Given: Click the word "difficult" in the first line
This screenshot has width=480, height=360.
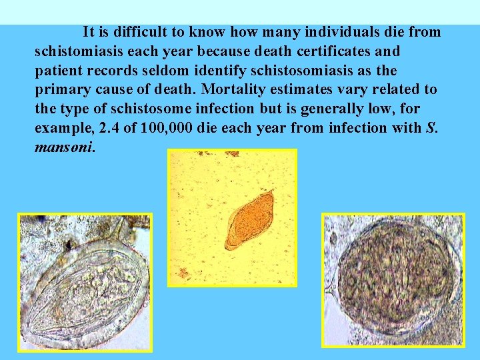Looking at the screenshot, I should point(155,32).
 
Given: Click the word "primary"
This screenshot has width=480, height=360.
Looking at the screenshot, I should point(60,90).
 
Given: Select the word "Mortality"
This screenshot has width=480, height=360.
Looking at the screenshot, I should point(235,89).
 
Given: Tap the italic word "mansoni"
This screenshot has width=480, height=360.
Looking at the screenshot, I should point(65,147).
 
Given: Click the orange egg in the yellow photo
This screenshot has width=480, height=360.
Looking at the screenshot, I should point(249,219).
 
